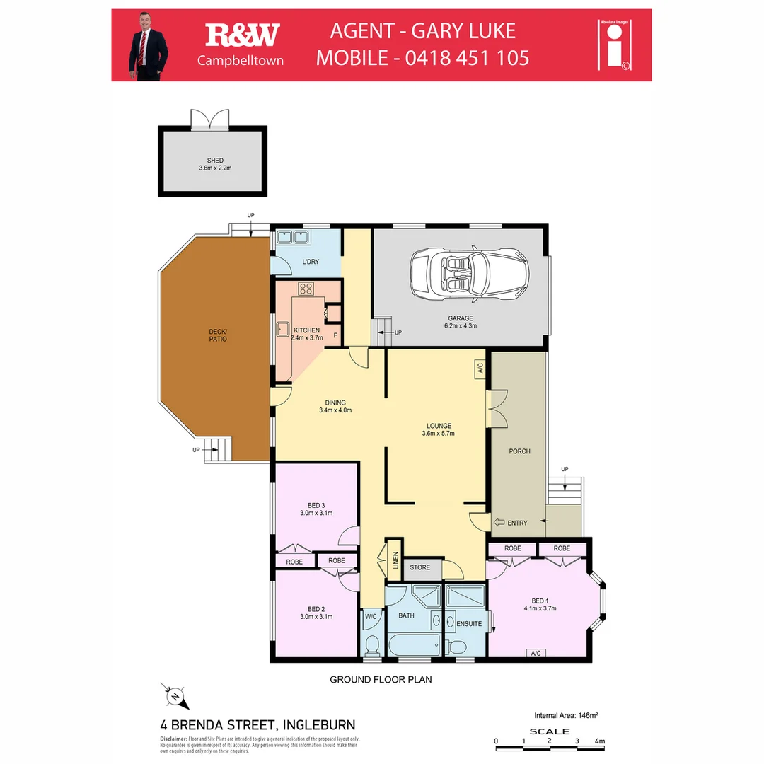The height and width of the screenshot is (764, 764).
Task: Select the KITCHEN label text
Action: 306,330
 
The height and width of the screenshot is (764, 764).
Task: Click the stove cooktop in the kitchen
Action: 306,289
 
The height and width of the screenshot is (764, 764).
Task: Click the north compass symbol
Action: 174,696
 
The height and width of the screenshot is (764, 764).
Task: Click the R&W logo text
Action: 242,35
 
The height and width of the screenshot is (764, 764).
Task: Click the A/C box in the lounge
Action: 479,368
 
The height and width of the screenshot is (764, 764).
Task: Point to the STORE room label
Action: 419,567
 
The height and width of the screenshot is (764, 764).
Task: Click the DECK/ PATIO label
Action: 217,335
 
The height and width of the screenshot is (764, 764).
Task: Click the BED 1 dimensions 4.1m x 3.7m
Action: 540,608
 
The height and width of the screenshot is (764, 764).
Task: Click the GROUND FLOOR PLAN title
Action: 381,680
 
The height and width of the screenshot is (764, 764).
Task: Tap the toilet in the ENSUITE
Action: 456,647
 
